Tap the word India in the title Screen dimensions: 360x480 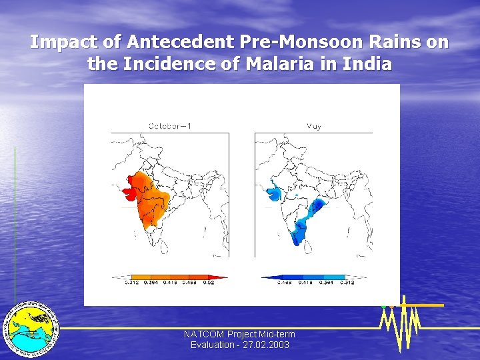pos(367,65)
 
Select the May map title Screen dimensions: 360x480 pos(313,125)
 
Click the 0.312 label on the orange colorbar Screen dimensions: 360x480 pos(132,283)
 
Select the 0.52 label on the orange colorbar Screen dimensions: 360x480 pos(209,283)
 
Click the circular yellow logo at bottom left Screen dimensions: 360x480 pos(31,329)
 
